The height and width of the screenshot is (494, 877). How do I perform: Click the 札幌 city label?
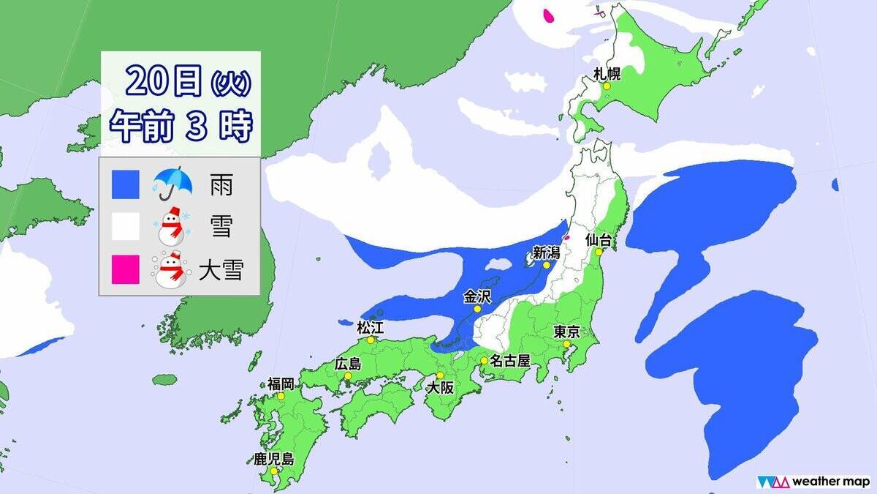coord(608,72)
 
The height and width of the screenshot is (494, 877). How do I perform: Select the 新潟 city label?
coord(546,253)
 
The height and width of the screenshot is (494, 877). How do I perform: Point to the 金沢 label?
coord(478,296)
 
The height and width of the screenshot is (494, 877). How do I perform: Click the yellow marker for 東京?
coord(566,344)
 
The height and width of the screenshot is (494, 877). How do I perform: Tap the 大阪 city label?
coord(441,389)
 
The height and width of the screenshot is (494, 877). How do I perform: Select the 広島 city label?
coord(349,364)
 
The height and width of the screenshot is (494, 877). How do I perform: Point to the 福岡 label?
coord(281,383)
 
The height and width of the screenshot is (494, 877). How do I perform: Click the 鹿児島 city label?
coord(273,460)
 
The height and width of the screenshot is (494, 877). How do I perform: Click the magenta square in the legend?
coord(126,270)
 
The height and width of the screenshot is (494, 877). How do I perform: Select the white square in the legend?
coord(126,228)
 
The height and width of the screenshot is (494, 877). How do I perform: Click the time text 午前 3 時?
coord(181,126)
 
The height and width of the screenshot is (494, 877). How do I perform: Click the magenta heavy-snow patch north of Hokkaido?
coord(549,14)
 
